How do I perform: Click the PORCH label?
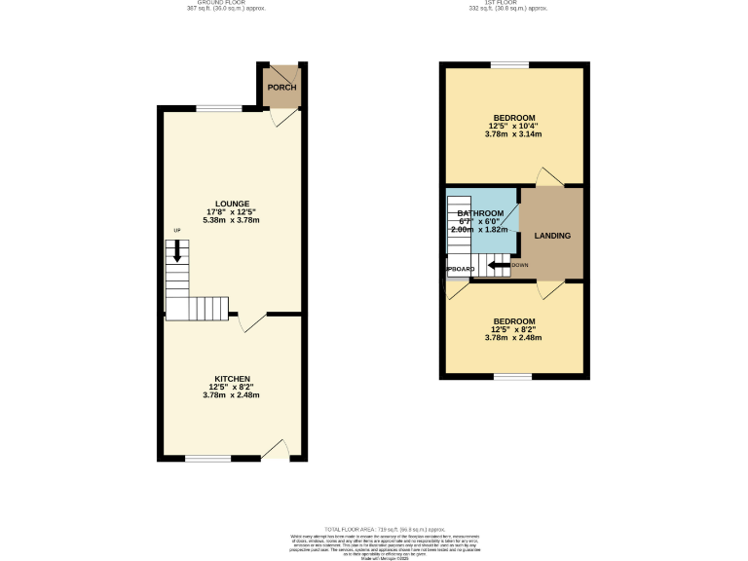click(x=281, y=88)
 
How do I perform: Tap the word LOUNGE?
click(x=232, y=204)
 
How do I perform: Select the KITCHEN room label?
click(x=232, y=379)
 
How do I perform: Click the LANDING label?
click(x=552, y=236)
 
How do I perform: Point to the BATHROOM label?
click(x=480, y=213)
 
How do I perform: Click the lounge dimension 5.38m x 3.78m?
click(x=232, y=220)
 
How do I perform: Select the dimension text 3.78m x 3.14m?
click(x=512, y=134)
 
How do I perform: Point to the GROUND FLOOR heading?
click(x=225, y=3)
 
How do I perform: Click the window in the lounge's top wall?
click(x=227, y=108)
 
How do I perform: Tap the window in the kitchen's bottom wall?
click(x=207, y=458)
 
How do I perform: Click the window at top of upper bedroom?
click(x=509, y=65)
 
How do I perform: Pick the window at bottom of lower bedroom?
click(x=512, y=376)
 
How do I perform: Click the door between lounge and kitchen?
click(x=251, y=321)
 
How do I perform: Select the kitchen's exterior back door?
click(x=276, y=450)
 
